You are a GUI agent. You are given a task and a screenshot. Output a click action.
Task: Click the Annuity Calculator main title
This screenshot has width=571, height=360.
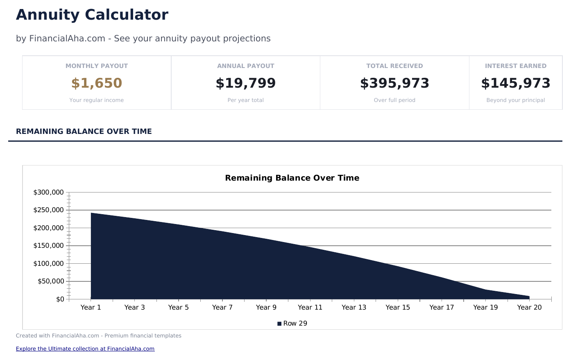click(x=92, y=15)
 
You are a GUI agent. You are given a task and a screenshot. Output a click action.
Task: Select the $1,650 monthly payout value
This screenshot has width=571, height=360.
click(x=97, y=83)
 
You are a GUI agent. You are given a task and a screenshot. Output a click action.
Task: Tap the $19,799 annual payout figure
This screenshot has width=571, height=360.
click(x=246, y=83)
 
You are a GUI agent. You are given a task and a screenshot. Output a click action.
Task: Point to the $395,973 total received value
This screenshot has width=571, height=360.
click(x=394, y=83)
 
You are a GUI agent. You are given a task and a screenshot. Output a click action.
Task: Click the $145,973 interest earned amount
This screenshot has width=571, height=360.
click(x=516, y=83)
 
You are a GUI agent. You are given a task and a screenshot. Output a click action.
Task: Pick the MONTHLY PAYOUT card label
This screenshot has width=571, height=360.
click(x=97, y=66)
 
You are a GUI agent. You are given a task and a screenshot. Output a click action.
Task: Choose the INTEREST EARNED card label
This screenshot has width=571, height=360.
click(x=516, y=66)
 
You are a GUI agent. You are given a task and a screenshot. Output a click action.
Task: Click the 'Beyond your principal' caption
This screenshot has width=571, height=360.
click(x=516, y=100)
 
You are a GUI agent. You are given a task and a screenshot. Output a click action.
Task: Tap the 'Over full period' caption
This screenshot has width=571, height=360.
click(x=394, y=100)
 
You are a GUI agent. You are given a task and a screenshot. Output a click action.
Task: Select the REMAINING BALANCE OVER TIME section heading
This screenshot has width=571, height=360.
click(x=84, y=131)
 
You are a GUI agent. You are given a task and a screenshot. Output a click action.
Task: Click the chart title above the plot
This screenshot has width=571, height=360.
click(x=292, y=178)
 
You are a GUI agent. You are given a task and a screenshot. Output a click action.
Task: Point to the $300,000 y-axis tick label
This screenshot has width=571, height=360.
click(x=48, y=192)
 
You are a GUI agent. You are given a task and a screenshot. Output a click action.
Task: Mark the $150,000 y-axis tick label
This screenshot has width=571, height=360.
click(x=48, y=246)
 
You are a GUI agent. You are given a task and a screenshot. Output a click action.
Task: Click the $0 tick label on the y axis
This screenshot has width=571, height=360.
click(x=60, y=299)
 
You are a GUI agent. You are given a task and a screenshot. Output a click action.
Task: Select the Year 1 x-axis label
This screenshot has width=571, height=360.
click(x=91, y=308)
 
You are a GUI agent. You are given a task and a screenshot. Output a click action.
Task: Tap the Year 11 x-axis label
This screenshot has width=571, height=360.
click(x=310, y=308)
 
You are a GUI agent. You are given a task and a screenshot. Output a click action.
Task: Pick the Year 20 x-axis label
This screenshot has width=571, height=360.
click(x=529, y=308)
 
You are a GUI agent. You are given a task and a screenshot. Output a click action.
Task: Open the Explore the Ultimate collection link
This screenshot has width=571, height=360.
click(x=85, y=349)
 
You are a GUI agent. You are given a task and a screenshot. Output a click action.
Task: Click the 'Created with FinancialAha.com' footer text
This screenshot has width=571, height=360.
click(x=98, y=336)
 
